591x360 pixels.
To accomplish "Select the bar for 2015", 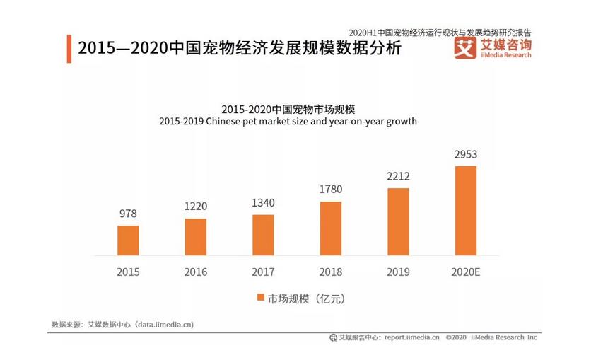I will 128,240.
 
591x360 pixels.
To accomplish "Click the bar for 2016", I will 196,237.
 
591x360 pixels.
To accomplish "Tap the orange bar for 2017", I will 263,235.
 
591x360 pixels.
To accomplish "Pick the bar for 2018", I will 331,228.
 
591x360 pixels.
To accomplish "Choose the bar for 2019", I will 398,221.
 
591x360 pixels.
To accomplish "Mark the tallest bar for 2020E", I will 466,211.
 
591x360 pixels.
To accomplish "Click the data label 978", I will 128,214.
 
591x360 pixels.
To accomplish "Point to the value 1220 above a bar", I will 196,207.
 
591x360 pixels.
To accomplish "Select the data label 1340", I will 263,203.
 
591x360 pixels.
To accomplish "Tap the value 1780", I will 331,190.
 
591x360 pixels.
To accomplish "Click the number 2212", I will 398,176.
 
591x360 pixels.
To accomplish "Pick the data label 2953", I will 466,153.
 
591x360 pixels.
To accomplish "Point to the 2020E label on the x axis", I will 466,272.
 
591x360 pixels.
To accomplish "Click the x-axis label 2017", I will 263,272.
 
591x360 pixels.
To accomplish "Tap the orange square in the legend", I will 259,298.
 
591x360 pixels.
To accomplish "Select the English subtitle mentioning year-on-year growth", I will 288,121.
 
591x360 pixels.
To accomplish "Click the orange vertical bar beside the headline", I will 69,48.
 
